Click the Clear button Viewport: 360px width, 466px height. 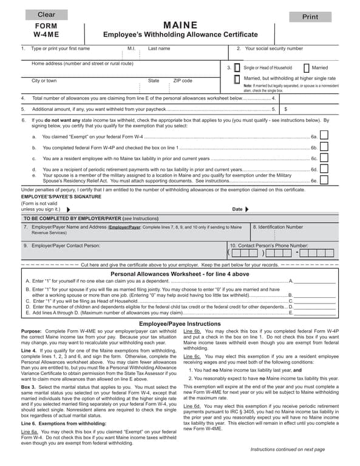pyautogui.click(x=46, y=14)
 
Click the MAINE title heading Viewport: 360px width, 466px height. pyautogui.click(x=180, y=25)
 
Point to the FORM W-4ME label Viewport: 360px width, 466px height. pyautogui.click(x=46, y=31)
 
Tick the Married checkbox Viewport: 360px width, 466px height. pyautogui.click(x=306, y=68)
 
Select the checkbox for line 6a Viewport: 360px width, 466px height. pyautogui.click(x=324, y=137)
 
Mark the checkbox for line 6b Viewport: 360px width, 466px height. pyautogui.click(x=324, y=147)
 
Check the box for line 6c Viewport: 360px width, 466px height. pyautogui.click(x=324, y=158)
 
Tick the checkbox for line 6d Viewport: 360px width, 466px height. pyautogui.click(x=324, y=169)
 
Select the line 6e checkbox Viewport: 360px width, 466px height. pyautogui.click(x=324, y=180)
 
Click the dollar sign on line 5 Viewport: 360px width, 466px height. pyautogui.click(x=285, y=109)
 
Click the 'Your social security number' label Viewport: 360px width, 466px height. pyautogui.click(x=273, y=49)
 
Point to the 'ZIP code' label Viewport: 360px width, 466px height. pyautogui.click(x=182, y=81)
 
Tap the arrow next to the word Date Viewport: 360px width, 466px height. pyautogui.click(x=247, y=209)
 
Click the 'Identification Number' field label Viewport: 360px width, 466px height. pyautogui.click(x=280, y=227)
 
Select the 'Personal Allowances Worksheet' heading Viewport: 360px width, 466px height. pyautogui.click(x=180, y=274)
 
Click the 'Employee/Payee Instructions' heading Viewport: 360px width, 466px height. pyautogui.click(x=180, y=324)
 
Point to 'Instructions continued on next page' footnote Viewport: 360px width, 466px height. pyautogui.click(x=287, y=449)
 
